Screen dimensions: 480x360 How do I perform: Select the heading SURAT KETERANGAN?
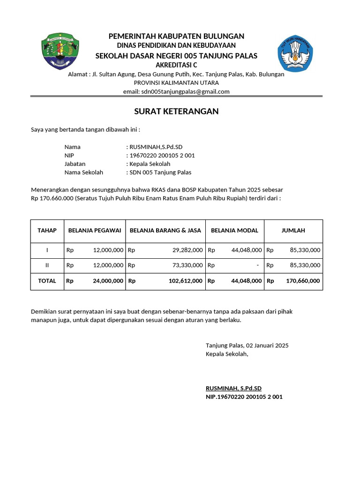click(176, 112)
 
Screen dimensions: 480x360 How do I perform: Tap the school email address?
click(176, 91)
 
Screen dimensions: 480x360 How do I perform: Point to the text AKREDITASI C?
click(176, 65)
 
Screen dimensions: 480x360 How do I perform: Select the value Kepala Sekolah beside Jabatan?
click(150, 164)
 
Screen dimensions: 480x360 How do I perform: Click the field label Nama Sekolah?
click(83, 172)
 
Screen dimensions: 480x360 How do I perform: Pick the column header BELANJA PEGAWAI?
click(95, 230)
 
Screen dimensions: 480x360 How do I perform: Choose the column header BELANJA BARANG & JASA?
click(165, 230)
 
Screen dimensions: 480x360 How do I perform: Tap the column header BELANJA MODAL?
click(234, 230)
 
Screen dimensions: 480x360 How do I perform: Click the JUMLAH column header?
click(293, 230)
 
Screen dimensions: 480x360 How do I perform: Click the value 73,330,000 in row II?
click(187, 265)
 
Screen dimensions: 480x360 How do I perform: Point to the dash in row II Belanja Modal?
click(258, 265)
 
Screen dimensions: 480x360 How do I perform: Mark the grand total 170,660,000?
click(303, 281)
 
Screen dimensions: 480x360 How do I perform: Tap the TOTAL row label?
click(47, 281)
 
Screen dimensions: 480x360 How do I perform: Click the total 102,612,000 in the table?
click(185, 281)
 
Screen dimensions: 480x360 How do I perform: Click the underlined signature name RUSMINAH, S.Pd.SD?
click(233, 388)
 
